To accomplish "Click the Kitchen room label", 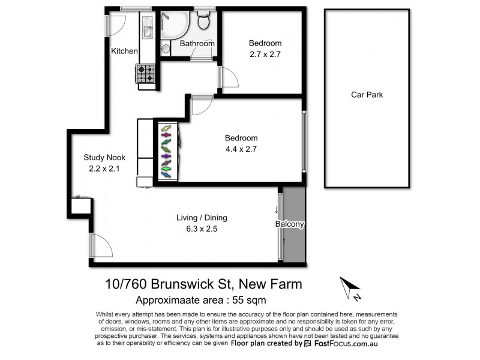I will coord(124,52).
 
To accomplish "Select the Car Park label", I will coord(367,95).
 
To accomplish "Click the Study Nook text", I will coord(104,158).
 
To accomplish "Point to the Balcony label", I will coord(291,224).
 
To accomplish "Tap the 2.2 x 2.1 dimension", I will coord(104,169).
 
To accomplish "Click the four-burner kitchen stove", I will coord(146,74).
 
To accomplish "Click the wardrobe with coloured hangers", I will coord(166,152).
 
